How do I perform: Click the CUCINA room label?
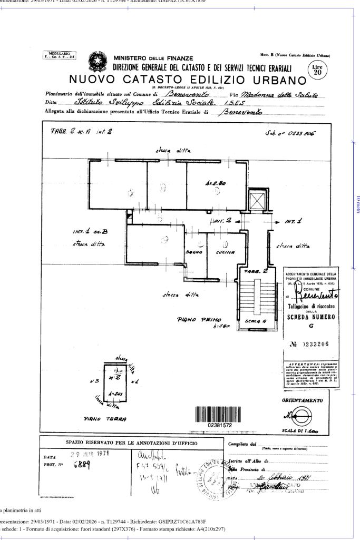pyautogui.click(x=224, y=253)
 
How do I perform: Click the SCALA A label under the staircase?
pyautogui.click(x=256, y=321)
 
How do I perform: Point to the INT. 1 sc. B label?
pyautogui.click(x=88, y=231)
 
